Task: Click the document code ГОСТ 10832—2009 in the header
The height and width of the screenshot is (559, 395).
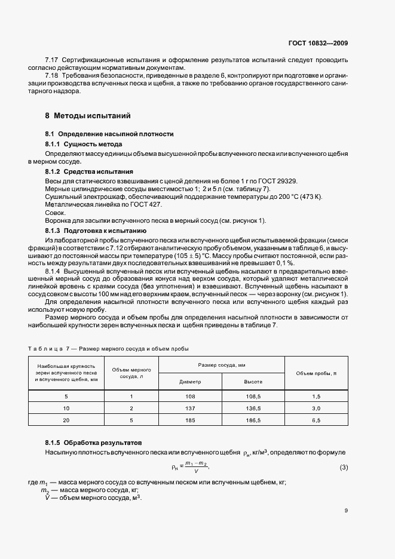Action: coord(319,43)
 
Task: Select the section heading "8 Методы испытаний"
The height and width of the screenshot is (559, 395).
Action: coord(88,115)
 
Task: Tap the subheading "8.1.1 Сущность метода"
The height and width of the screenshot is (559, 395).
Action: coord(84,145)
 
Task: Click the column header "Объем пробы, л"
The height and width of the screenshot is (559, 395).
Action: coord(316,373)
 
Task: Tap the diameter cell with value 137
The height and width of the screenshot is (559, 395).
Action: coord(190,408)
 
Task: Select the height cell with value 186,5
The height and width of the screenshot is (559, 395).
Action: coord(253,420)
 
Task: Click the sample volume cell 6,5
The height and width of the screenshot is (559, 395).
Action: coord(316,420)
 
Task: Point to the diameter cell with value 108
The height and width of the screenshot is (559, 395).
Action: coord(190,397)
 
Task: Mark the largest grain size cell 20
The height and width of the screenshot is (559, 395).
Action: coord(66,420)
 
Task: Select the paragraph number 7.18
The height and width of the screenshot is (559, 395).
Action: coord(53,75)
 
